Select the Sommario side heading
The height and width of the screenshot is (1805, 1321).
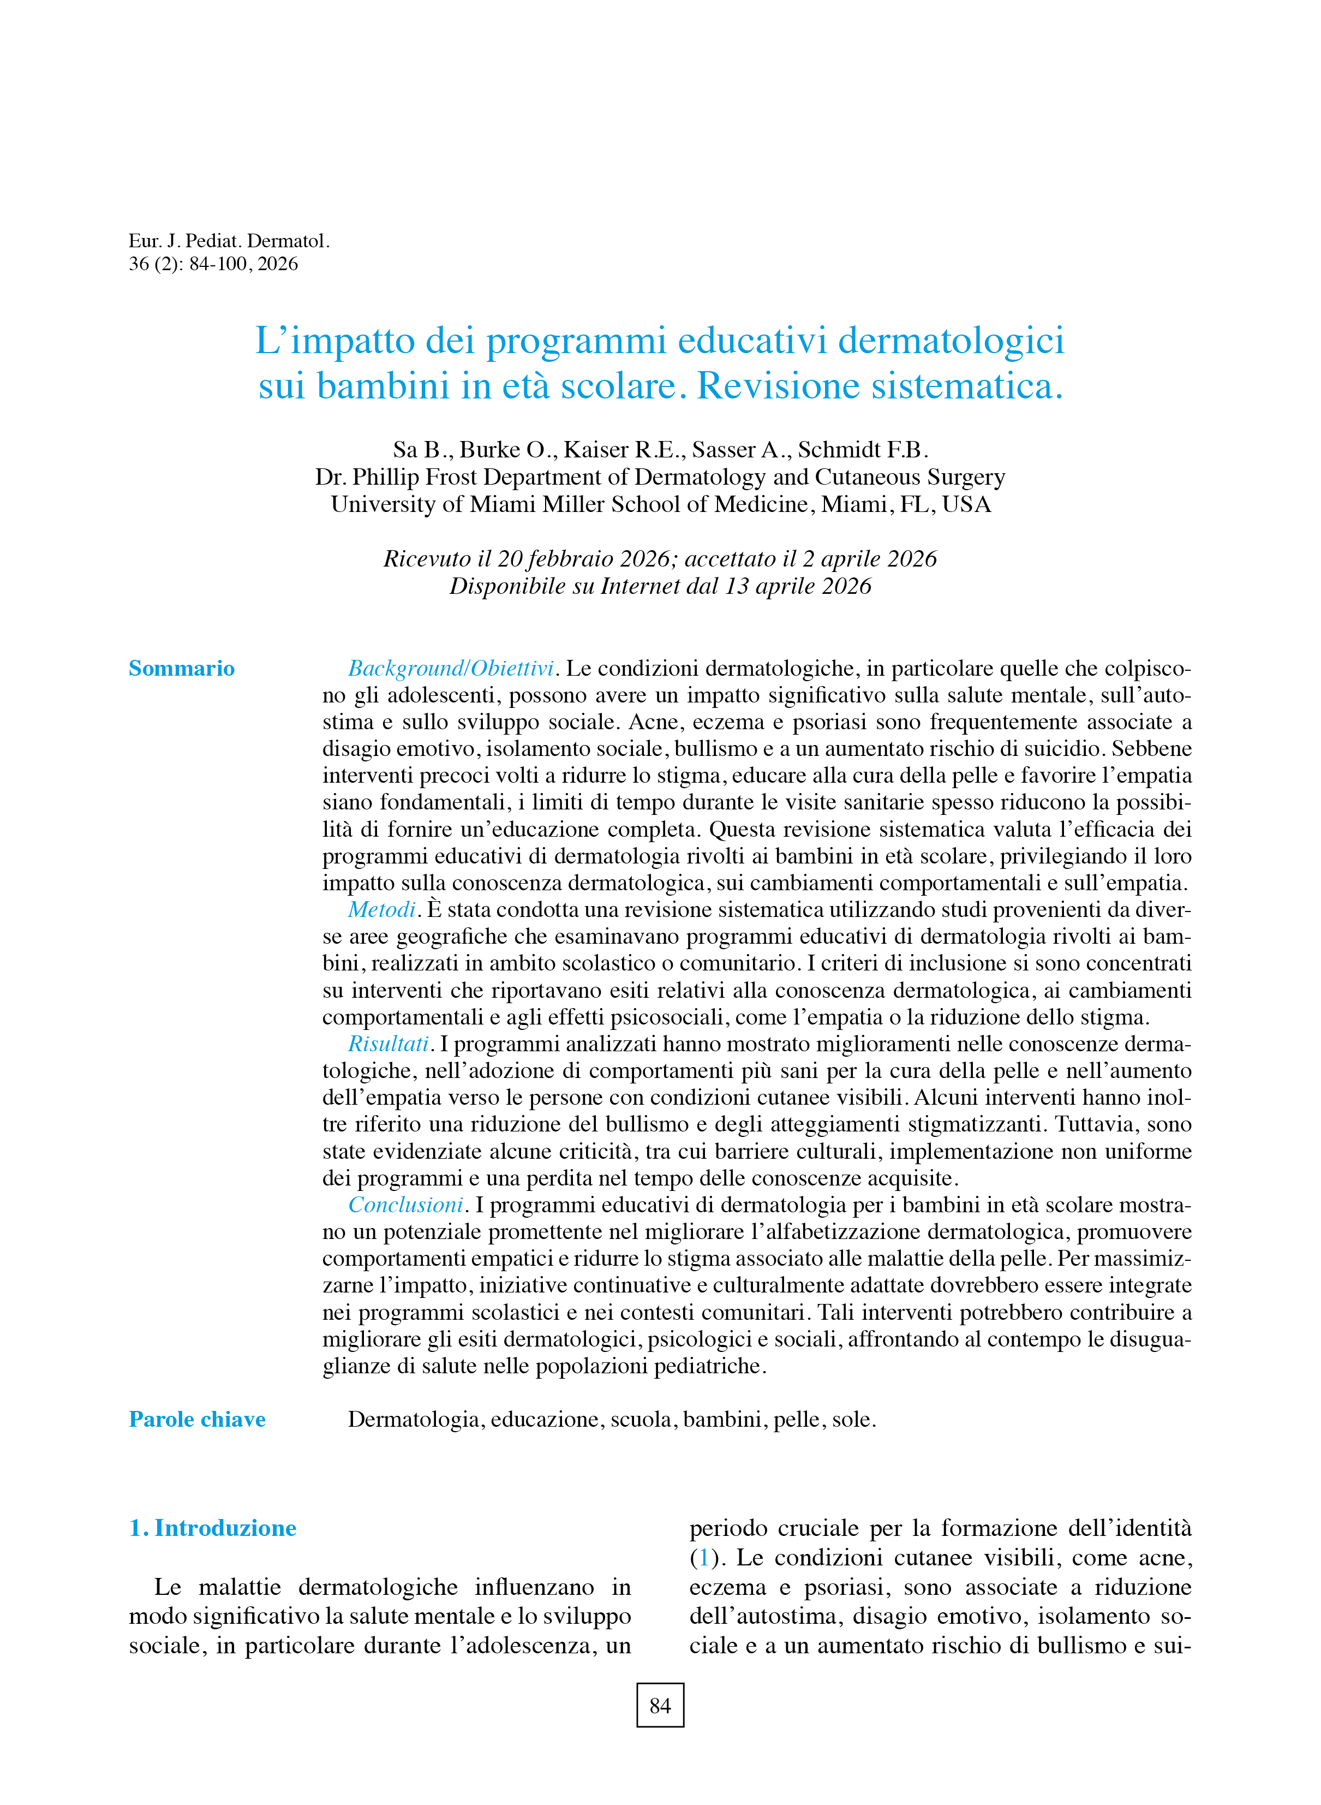(182, 669)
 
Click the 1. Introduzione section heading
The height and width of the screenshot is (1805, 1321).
(213, 1528)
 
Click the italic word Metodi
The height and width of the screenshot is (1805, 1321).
(381, 910)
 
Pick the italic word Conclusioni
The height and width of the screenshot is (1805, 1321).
(405, 1205)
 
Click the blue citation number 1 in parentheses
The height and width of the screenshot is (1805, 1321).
(704, 1558)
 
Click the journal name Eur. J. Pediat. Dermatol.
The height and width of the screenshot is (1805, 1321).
(229, 241)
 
